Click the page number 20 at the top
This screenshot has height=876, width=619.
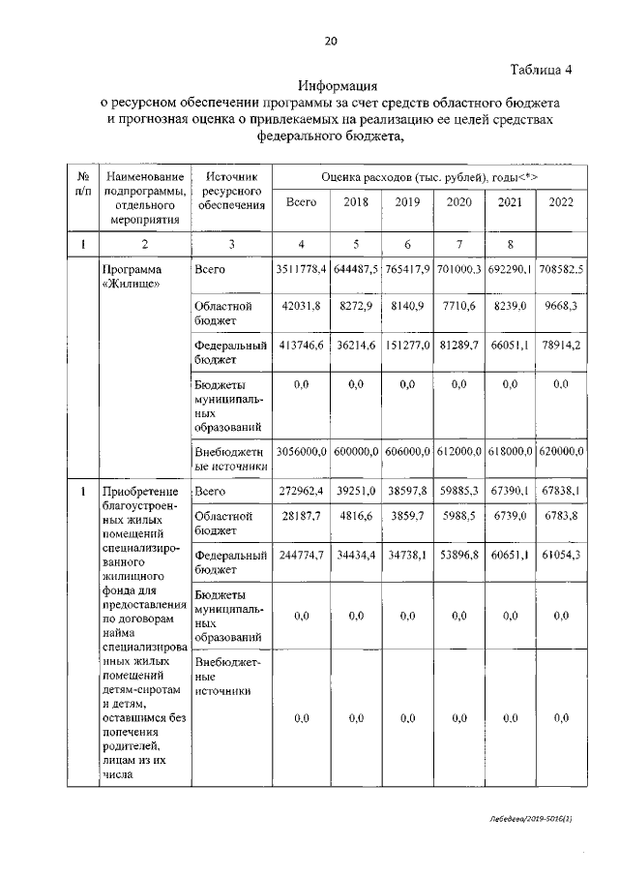[x=330, y=40]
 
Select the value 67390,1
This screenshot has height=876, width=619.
[x=510, y=492]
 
